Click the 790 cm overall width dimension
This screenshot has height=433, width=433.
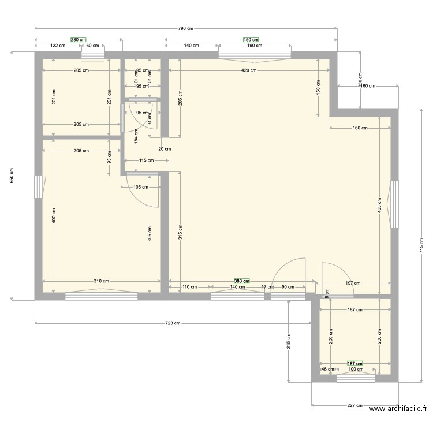click(185, 28)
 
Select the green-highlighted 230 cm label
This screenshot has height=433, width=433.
click(79, 40)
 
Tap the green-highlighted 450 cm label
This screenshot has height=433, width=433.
click(251, 40)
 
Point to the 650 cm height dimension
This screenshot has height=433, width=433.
click(12, 176)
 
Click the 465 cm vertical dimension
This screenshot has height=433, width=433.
click(379, 209)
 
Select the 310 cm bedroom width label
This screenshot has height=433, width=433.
click(102, 281)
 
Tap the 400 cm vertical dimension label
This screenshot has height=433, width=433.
click(54, 215)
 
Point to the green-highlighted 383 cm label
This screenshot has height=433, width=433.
click(242, 281)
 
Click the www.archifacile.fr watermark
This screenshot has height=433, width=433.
click(398, 409)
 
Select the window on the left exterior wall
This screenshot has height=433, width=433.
click(38, 187)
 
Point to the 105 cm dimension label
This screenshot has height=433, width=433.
click(141, 187)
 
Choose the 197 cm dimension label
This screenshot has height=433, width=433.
click(353, 283)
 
